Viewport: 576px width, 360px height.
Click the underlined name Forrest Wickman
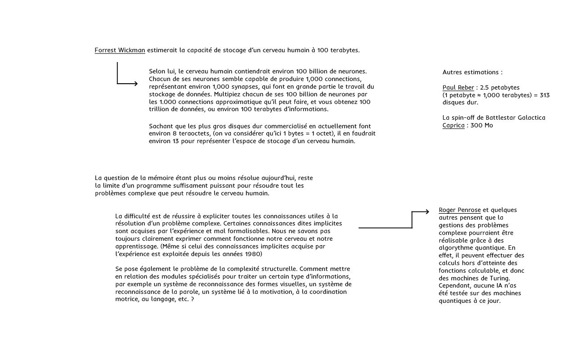pos(120,50)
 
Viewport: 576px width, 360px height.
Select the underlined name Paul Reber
pos(459,88)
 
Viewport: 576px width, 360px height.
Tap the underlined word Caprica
pos(453,126)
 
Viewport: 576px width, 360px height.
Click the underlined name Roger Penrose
pos(459,210)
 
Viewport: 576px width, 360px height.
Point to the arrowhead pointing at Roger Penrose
pos(427,211)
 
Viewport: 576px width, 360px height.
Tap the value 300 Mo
pos(482,126)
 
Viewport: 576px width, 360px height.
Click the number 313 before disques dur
pos(544,95)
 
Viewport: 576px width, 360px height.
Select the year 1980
pos(254,254)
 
